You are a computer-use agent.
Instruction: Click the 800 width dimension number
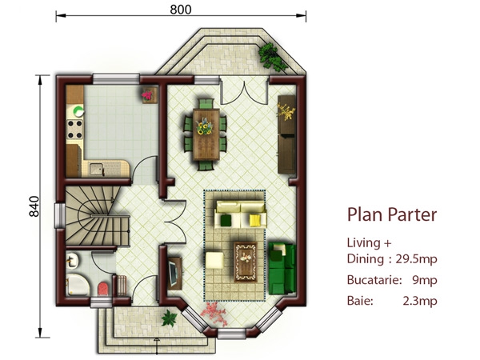181,10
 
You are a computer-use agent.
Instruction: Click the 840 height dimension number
34,206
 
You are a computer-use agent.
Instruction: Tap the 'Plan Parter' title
392,214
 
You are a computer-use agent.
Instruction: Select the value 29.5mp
416,259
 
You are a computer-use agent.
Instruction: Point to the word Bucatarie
374,280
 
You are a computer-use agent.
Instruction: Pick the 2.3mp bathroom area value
420,301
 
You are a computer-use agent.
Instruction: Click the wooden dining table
206,134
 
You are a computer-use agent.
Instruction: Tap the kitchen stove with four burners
74,129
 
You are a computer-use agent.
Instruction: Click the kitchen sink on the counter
96,169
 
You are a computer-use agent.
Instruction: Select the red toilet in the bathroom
103,290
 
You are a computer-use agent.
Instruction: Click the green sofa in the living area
282,268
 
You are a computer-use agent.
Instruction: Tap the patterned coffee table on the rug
246,262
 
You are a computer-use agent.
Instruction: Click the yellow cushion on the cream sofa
254,220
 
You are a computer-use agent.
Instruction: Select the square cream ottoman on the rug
215,260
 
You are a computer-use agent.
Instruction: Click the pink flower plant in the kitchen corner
147,94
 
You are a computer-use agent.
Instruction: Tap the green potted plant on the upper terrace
271,56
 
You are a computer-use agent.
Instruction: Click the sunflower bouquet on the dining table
204,127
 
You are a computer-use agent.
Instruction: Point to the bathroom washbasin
72,261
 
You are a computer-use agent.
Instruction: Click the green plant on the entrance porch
169,318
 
